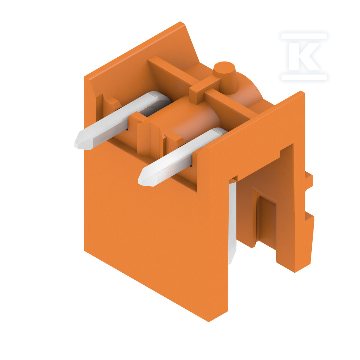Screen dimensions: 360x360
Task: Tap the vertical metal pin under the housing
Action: coord(232,222)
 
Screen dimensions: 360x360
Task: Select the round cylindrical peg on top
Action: coord(226,76)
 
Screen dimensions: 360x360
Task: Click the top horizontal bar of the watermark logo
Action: coord(304,36)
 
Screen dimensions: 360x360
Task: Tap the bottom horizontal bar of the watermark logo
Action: coord(304,77)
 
